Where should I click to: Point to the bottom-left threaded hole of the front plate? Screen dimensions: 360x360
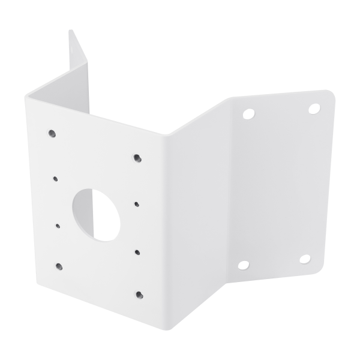(x=58, y=266)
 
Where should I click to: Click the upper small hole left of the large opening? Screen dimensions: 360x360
(x=55, y=178)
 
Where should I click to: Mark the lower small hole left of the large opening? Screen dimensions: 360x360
(x=58, y=226)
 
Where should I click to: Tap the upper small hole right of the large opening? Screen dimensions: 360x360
(x=137, y=204)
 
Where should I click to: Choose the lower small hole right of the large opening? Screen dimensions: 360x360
(x=138, y=252)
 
